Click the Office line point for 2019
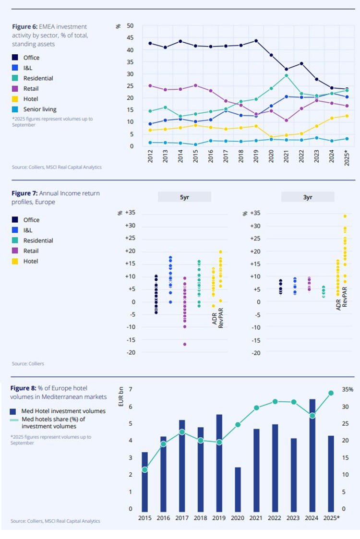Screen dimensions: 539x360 (256, 41)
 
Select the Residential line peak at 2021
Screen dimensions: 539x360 (286, 75)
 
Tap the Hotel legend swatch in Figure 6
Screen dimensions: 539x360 (15, 99)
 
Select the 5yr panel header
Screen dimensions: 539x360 (185, 197)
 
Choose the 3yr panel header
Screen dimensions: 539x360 (308, 197)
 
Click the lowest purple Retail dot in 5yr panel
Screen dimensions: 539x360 (184, 344)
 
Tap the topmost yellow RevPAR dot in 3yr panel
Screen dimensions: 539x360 (345, 216)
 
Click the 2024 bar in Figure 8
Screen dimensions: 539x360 (312, 455)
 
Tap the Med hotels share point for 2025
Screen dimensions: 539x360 (331, 393)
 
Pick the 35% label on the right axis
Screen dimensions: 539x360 (348, 390)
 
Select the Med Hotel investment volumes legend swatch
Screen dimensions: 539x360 (13, 411)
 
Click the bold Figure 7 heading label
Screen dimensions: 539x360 (24, 193)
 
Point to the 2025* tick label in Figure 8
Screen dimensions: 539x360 (331, 518)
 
